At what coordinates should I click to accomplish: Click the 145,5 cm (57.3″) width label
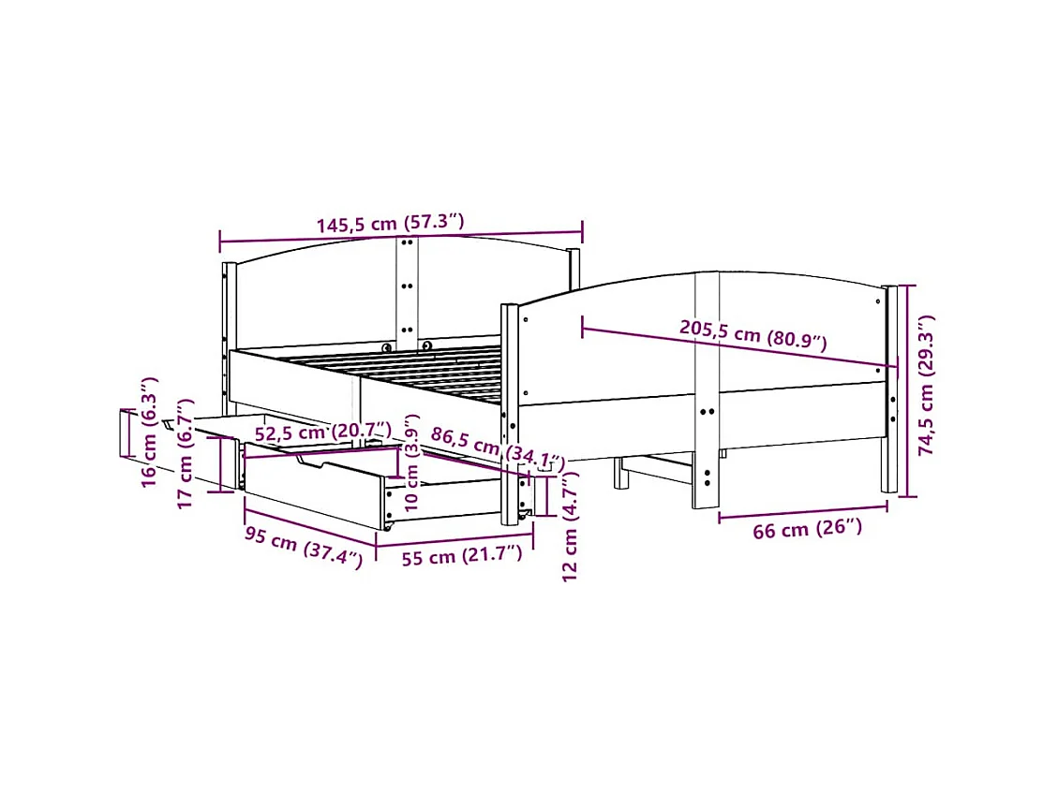390,225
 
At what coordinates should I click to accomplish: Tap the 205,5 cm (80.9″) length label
753,333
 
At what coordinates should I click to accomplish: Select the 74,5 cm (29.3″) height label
927,385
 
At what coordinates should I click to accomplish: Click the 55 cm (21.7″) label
461,555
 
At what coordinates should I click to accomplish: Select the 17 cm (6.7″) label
185,465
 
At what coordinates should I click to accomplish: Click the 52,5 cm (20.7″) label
322,433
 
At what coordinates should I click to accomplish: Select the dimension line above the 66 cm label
802,511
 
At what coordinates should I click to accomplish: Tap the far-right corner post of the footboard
889,389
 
